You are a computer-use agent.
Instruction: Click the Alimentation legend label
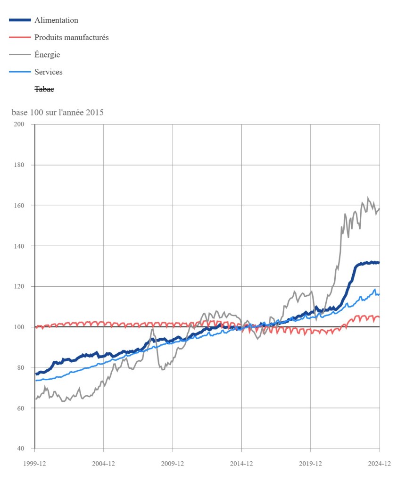pos(56,20)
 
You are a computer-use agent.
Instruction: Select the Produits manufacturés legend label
pos(71,37)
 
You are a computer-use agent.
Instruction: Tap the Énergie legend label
pos(47,55)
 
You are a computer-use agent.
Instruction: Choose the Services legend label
pos(48,72)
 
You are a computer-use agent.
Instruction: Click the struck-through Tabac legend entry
pos(44,89)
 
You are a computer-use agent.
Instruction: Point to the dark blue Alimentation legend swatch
pos(20,20)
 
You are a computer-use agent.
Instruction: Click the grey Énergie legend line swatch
pos(20,55)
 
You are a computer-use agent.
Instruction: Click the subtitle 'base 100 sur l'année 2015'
pos(58,113)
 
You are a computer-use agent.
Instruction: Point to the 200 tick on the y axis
pos(19,124)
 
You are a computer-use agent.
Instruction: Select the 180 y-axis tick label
pos(19,165)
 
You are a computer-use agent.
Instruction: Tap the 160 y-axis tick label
pos(19,205)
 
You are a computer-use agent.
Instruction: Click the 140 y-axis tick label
pos(19,246)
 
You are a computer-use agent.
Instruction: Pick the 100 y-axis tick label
pos(19,327)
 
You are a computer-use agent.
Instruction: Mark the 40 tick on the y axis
pos(20,449)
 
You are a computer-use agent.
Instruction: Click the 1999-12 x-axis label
pos(35,464)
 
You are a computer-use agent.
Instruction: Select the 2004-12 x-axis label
pos(104,464)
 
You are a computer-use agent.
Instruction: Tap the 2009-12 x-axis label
pos(173,464)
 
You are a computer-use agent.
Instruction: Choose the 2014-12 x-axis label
pos(241,464)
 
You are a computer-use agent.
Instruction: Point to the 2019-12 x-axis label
pos(311,464)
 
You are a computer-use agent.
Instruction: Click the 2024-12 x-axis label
pos(380,464)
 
